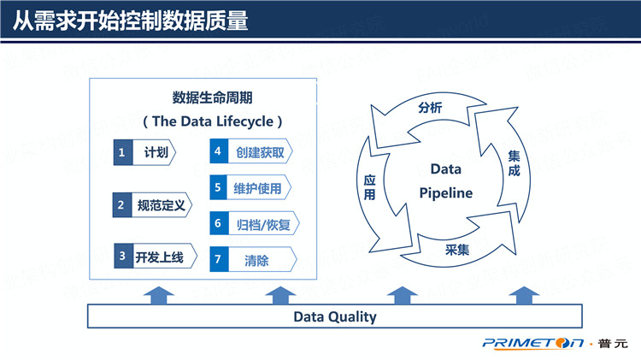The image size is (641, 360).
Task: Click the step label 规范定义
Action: point(162,204)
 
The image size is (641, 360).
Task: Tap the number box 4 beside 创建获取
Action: point(219,152)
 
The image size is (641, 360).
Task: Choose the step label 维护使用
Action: point(257,188)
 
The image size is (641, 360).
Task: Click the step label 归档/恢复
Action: point(258,224)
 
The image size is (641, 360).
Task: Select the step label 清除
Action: point(256,260)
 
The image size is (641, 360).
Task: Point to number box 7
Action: point(219,260)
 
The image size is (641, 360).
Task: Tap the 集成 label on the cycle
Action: point(514,164)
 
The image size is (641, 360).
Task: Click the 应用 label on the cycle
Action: point(370,188)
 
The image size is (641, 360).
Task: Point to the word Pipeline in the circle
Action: point(445,193)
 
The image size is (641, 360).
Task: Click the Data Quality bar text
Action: point(335,316)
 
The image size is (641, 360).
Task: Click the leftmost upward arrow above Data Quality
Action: point(156,295)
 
